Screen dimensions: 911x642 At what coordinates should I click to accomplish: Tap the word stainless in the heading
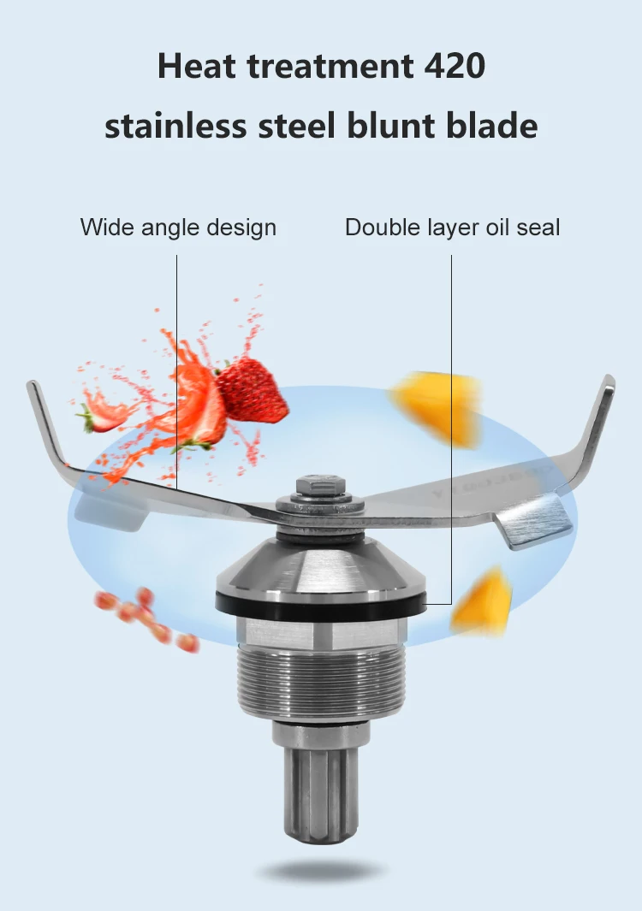coord(172,125)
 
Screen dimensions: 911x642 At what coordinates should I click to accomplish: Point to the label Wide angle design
coord(178,228)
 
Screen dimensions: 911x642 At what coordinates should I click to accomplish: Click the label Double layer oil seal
coord(453,228)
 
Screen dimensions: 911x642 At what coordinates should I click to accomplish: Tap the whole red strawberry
coord(251,391)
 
